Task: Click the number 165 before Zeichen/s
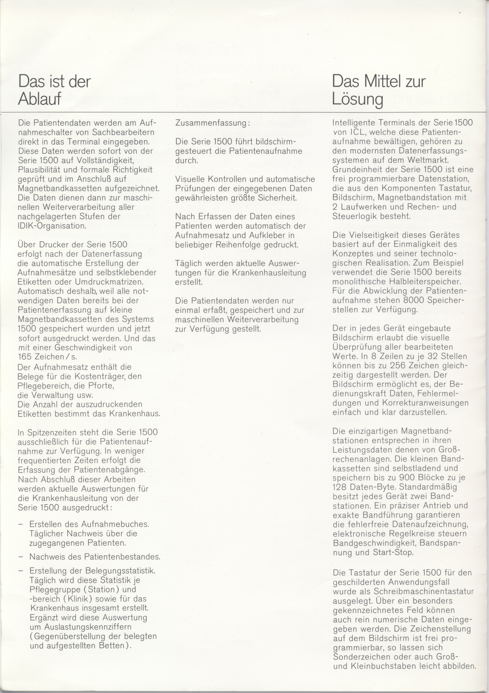point(25,356)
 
